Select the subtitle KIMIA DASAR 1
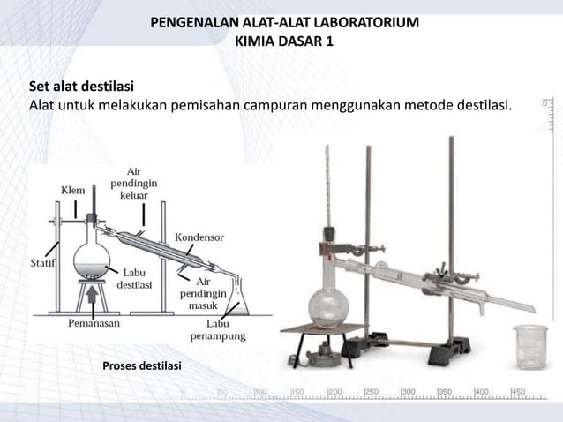[x=285, y=41]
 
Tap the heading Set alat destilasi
[x=81, y=87]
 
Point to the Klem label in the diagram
[x=73, y=190]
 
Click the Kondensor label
[x=199, y=238]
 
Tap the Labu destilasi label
[x=135, y=279]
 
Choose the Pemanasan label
[x=94, y=323]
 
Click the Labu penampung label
[x=220, y=329]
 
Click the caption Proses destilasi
[x=142, y=365]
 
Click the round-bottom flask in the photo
[x=329, y=305]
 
